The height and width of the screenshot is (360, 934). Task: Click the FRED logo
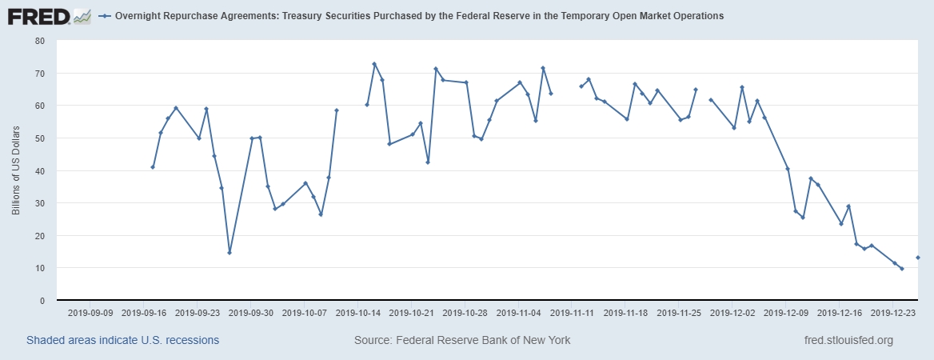coord(48,15)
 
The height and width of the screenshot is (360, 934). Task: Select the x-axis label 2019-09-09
coord(90,314)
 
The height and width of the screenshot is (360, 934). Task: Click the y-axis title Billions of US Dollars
coord(15,170)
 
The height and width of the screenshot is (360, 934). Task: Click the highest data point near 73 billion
coord(374,64)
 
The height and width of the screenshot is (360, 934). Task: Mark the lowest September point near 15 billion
coord(230,253)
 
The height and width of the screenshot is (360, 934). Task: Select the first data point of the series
coord(153,167)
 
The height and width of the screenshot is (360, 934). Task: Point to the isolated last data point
coord(917,258)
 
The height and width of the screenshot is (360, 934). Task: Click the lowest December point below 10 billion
coord(902,269)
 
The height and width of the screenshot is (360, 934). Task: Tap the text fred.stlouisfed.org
coord(848,341)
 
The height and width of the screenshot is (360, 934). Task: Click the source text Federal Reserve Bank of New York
coord(462,341)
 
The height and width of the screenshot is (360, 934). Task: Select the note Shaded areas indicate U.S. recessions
coord(122,341)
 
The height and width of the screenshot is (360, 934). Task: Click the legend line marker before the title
coord(105,16)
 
